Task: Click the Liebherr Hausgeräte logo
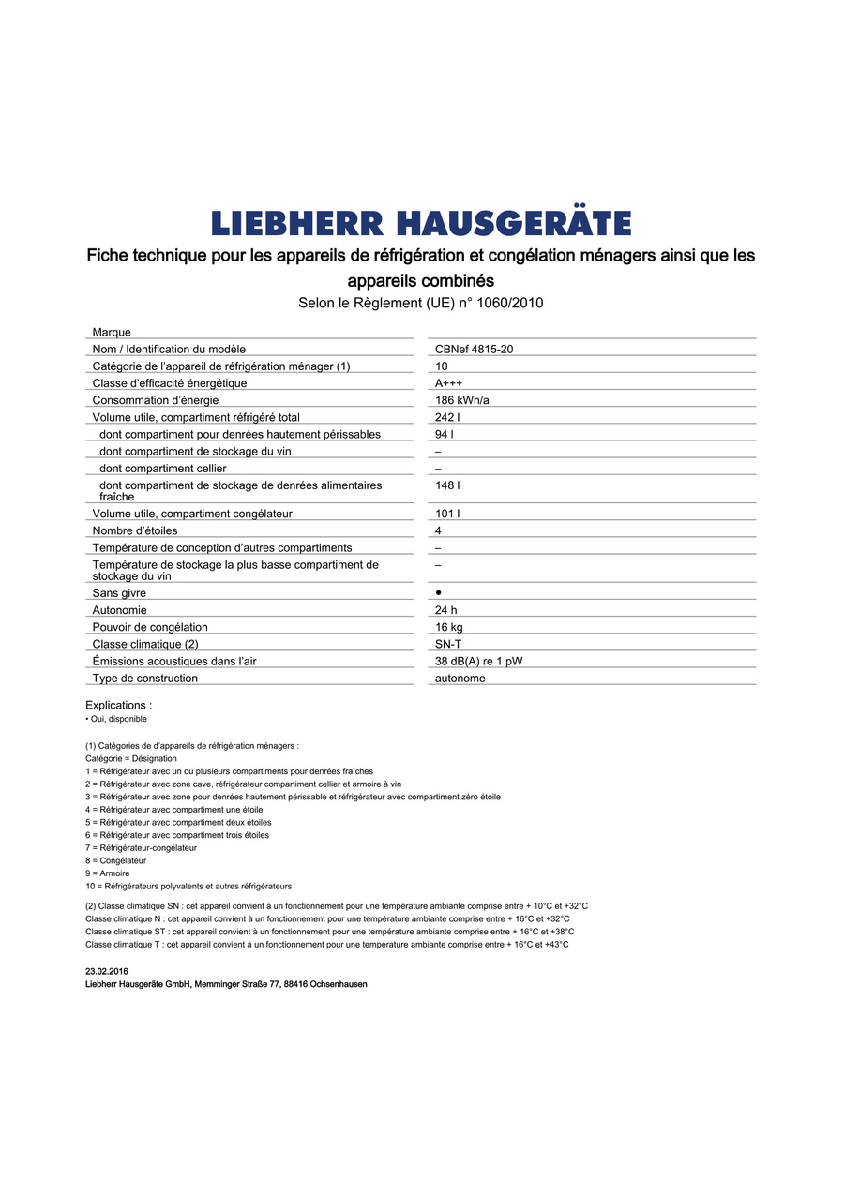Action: (421, 223)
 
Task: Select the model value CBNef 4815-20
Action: (474, 349)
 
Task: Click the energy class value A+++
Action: (448, 383)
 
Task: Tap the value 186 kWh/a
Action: (461, 400)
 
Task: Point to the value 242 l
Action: (447, 417)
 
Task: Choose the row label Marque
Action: (112, 333)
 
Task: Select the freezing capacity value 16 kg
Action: (448, 627)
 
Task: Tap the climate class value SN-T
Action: (448, 644)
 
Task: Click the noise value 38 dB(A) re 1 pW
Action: (478, 661)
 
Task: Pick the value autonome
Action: (460, 678)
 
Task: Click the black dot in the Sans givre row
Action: (439, 593)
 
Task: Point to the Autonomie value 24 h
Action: (445, 610)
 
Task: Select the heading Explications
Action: (118, 705)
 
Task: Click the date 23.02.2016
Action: (106, 971)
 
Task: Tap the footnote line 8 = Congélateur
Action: (115, 860)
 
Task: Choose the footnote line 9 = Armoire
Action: (107, 873)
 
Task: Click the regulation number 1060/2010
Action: (511, 303)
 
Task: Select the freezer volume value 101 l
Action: (447, 514)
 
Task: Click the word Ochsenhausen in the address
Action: (338, 984)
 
